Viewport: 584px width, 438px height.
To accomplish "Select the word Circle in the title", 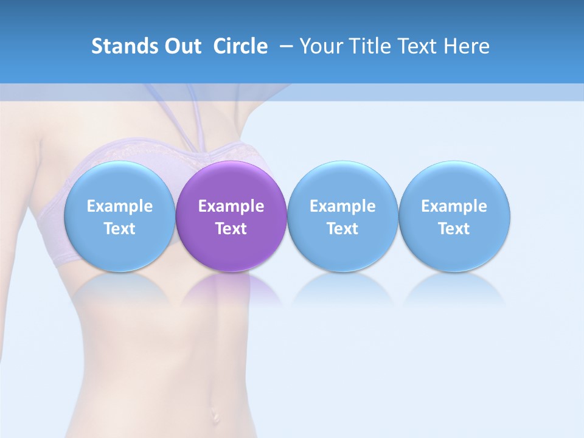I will (x=240, y=46).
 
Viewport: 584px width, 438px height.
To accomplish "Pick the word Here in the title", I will (x=467, y=46).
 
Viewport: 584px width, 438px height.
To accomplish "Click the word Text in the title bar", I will (x=418, y=46).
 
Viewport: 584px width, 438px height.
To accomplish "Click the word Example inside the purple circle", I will (x=231, y=206).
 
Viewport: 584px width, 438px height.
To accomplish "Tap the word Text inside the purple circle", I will (x=231, y=229).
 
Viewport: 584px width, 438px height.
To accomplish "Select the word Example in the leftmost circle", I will (x=119, y=206).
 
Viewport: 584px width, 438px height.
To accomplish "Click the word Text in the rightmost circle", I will (x=454, y=229).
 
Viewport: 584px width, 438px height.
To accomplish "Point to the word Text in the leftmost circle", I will (x=119, y=229).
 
